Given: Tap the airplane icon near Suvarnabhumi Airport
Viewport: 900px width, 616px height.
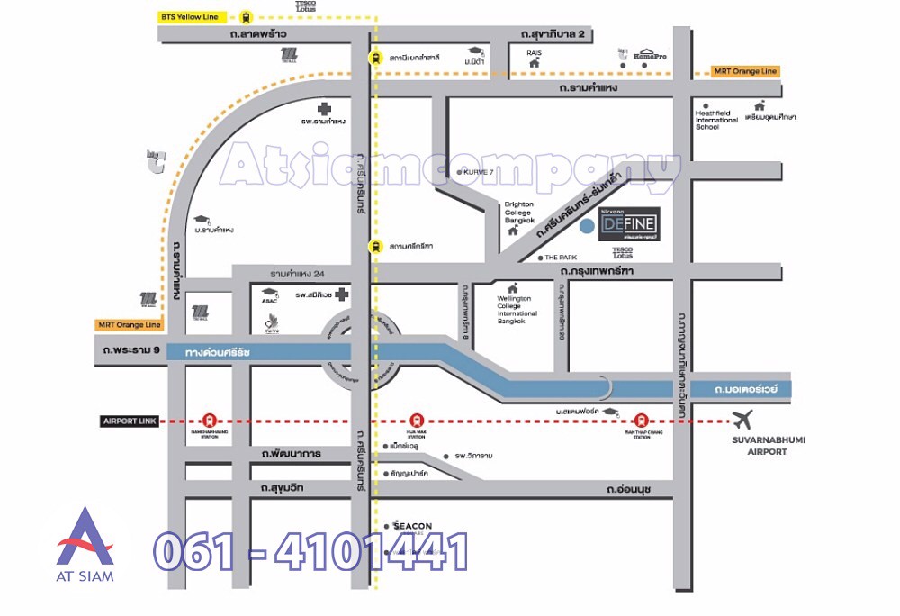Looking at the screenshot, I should click(x=743, y=420).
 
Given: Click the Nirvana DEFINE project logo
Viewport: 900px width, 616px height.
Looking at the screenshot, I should click(x=629, y=224).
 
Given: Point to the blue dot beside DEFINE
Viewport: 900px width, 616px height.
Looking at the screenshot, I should click(x=587, y=225).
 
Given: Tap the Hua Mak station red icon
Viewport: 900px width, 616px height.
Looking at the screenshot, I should click(x=416, y=419).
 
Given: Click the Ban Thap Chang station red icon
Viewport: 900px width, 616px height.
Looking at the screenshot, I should click(x=641, y=419).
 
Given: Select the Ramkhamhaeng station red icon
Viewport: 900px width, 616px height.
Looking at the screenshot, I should click(x=210, y=419).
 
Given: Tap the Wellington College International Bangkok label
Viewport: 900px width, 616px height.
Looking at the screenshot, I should click(x=517, y=309).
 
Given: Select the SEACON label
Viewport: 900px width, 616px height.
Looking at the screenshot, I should click(x=412, y=526).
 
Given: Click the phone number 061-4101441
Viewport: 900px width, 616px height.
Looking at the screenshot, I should click(x=310, y=551).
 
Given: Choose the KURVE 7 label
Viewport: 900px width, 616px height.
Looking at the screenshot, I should click(x=478, y=171).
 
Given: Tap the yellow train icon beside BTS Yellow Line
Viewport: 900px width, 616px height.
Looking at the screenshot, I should click(x=246, y=16).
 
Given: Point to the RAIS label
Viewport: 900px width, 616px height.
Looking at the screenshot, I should click(x=534, y=53).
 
